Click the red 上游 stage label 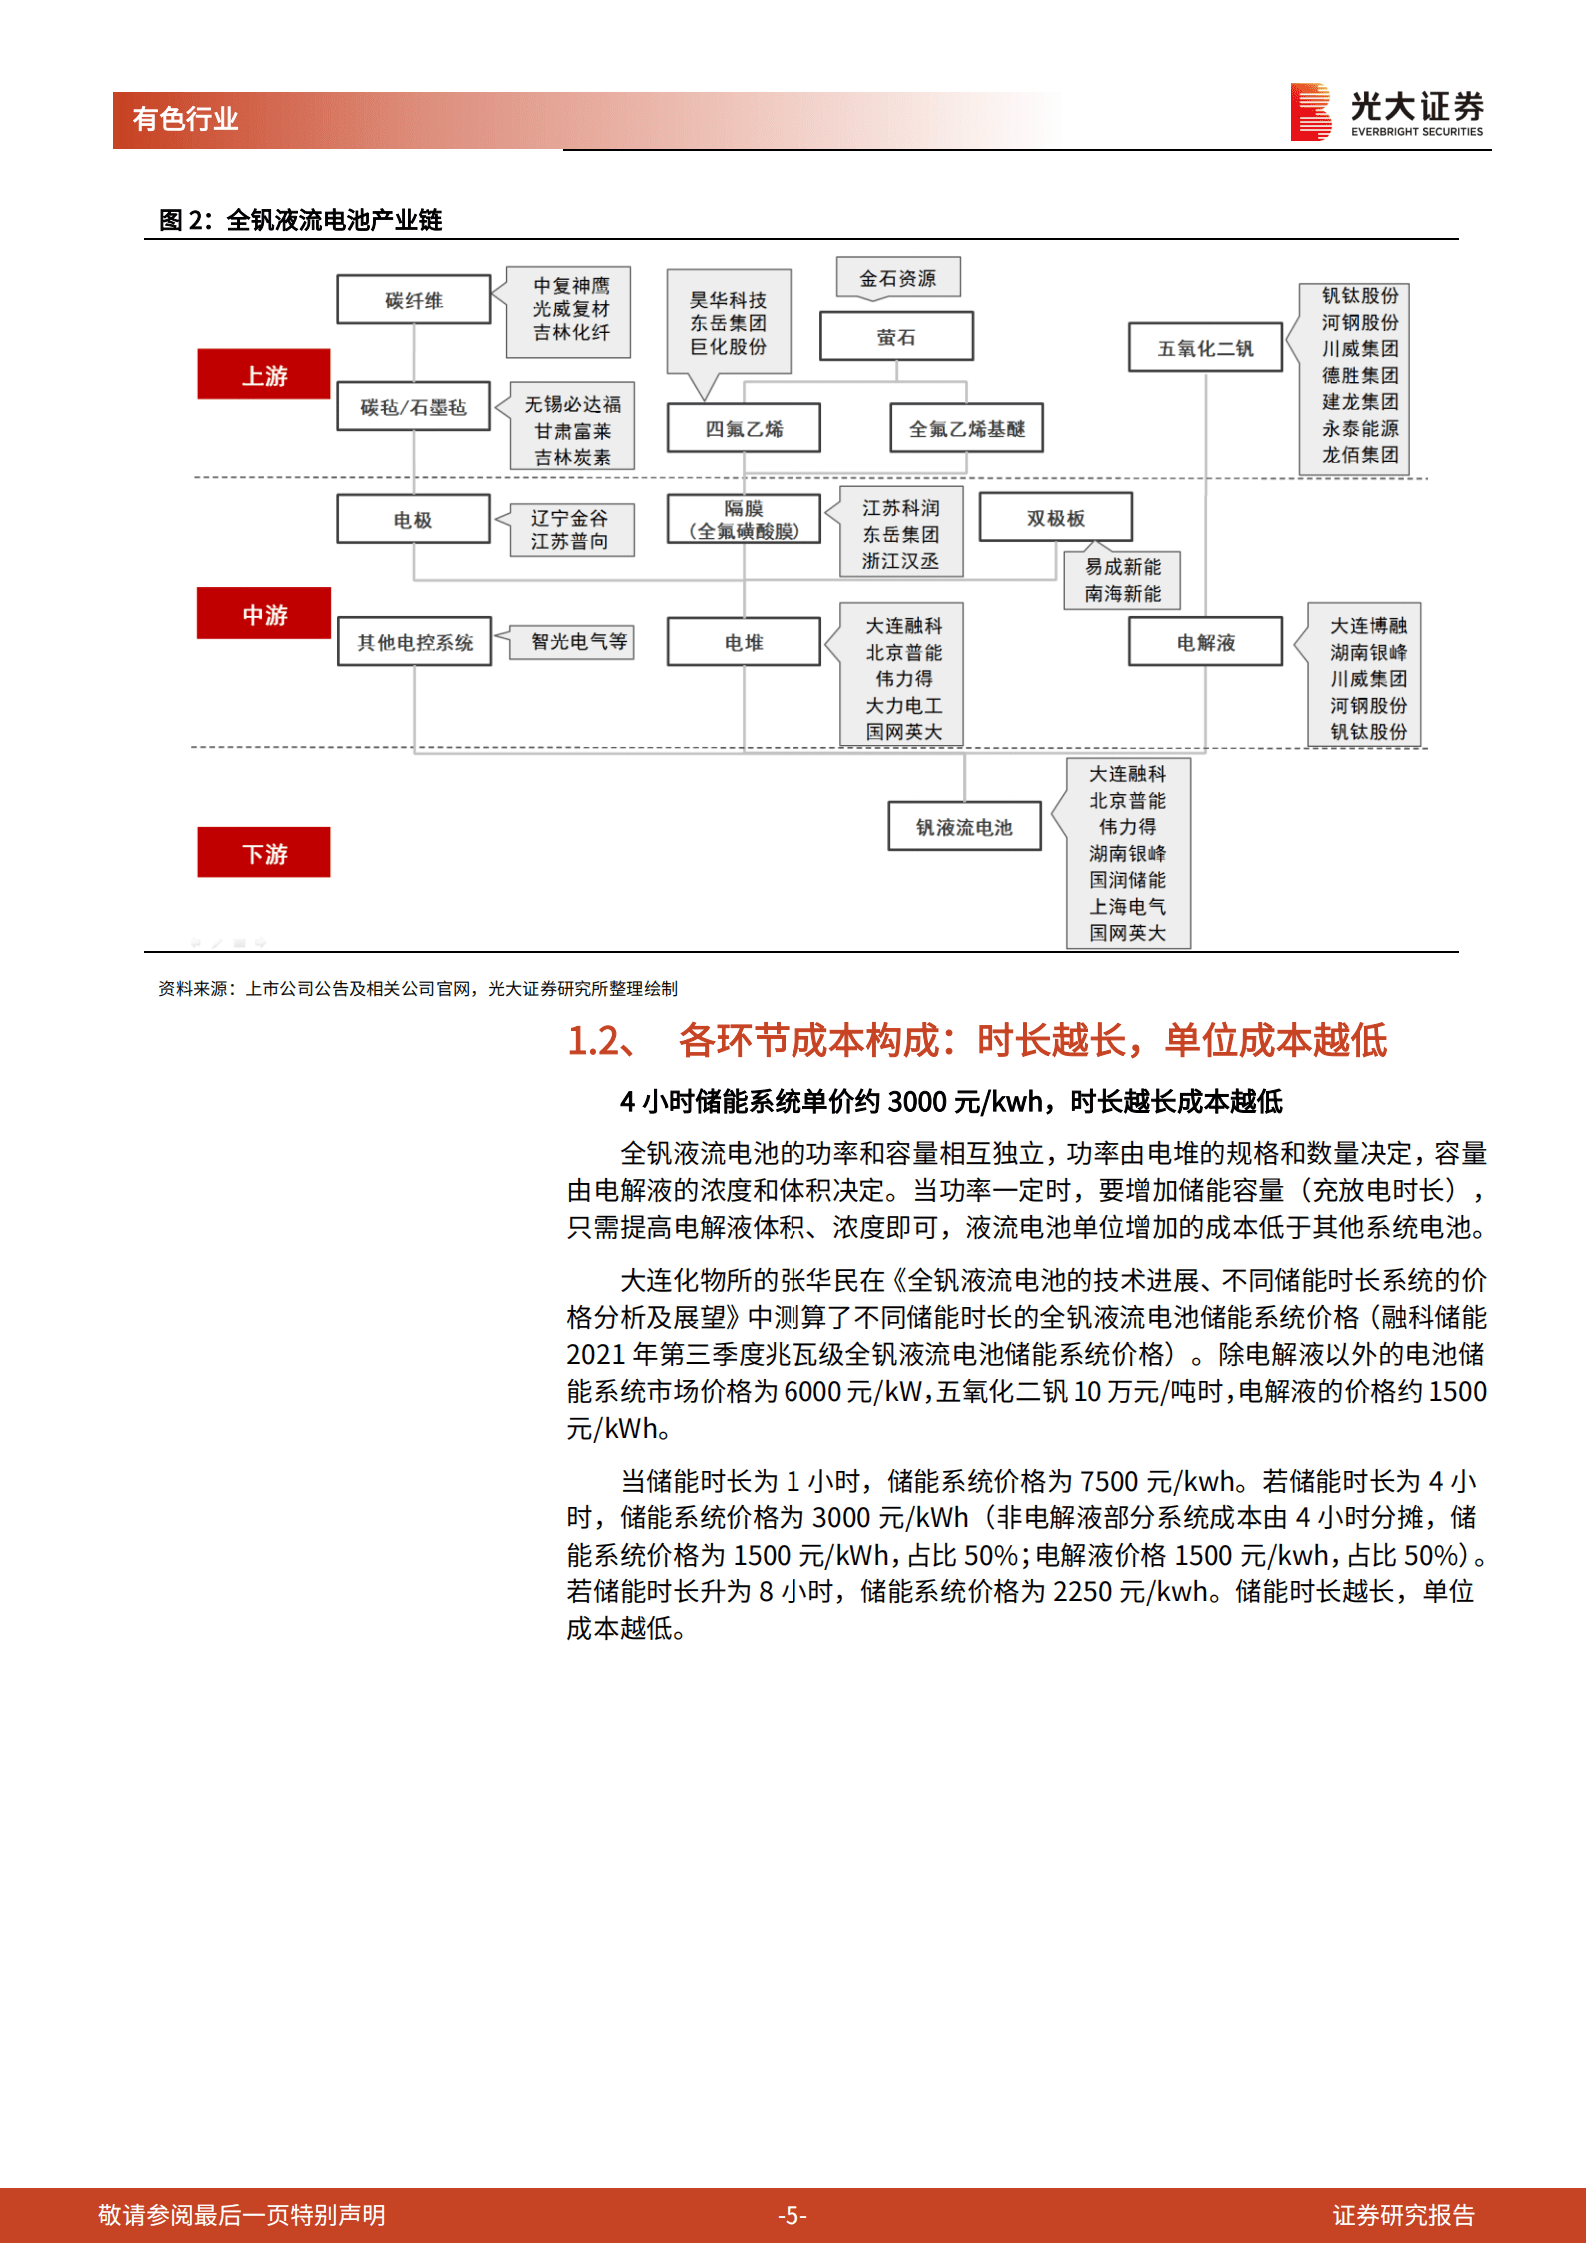point(263,374)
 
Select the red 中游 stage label point(263,613)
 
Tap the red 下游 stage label point(263,852)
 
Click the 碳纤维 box point(413,299)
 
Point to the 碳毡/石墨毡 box point(413,406)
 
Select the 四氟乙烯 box point(744,428)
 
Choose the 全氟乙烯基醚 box point(966,428)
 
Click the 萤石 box point(896,336)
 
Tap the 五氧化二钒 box point(1205,347)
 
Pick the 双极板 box point(1055,517)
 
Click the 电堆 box point(744,641)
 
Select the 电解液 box point(1205,641)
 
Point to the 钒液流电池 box point(964,826)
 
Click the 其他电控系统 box point(414,641)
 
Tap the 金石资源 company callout point(898,277)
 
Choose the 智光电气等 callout point(579,641)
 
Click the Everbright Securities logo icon point(1310,111)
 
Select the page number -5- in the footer point(793,2215)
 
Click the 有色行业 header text point(185,119)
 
